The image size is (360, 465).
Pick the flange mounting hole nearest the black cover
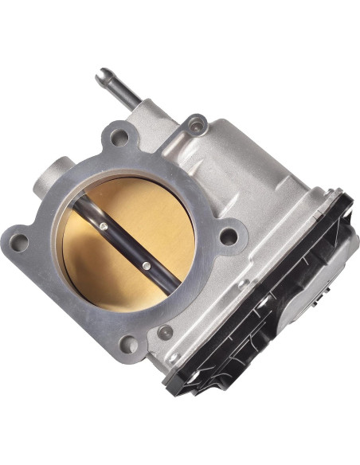(x=229, y=236)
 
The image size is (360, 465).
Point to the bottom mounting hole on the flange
(x=128, y=344)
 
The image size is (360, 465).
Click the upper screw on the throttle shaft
(x=104, y=227)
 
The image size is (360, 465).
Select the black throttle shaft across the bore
(x=123, y=244)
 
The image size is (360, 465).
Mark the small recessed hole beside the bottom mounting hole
(x=165, y=332)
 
